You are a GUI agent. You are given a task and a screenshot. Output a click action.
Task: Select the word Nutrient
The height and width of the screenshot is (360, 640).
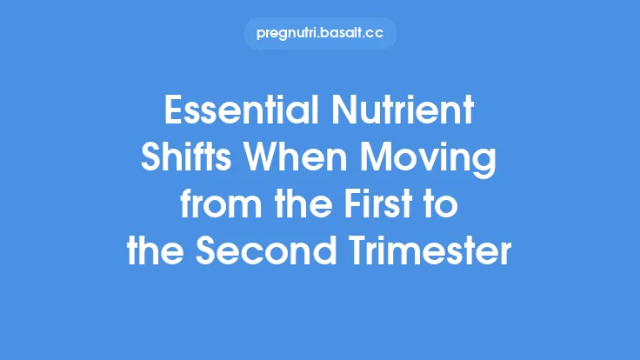point(407,114)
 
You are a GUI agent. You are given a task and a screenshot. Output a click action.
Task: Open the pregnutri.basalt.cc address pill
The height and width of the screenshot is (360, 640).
point(320,34)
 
